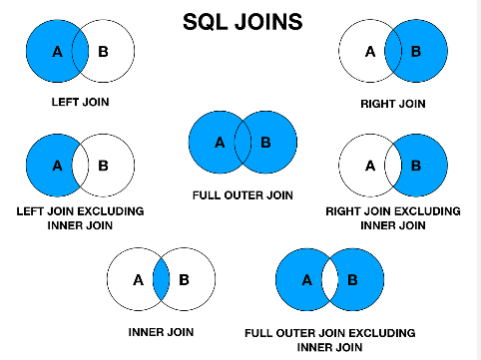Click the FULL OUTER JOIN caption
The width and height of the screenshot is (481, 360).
(242, 194)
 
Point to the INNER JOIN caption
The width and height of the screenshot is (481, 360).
(161, 331)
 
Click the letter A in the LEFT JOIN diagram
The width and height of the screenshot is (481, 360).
(56, 52)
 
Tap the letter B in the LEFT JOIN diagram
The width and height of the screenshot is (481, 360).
(105, 52)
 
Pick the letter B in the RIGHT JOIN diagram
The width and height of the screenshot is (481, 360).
(415, 52)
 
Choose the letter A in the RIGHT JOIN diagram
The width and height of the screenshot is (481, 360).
(368, 52)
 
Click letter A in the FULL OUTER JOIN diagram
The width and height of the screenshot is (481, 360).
(219, 143)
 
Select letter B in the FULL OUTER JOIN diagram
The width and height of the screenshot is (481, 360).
(265, 143)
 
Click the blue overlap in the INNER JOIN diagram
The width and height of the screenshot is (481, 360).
(161, 279)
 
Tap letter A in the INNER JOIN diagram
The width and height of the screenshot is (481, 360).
(138, 279)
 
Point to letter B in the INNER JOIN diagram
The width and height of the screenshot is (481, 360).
(185, 279)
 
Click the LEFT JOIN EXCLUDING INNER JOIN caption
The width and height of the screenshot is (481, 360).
(80, 218)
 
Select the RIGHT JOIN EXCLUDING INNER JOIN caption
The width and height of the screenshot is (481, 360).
(393, 218)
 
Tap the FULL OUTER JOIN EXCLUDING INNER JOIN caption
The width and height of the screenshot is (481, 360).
(329, 338)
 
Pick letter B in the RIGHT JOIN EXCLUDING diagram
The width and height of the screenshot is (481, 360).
(415, 165)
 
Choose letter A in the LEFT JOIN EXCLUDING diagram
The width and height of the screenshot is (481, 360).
(56, 165)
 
